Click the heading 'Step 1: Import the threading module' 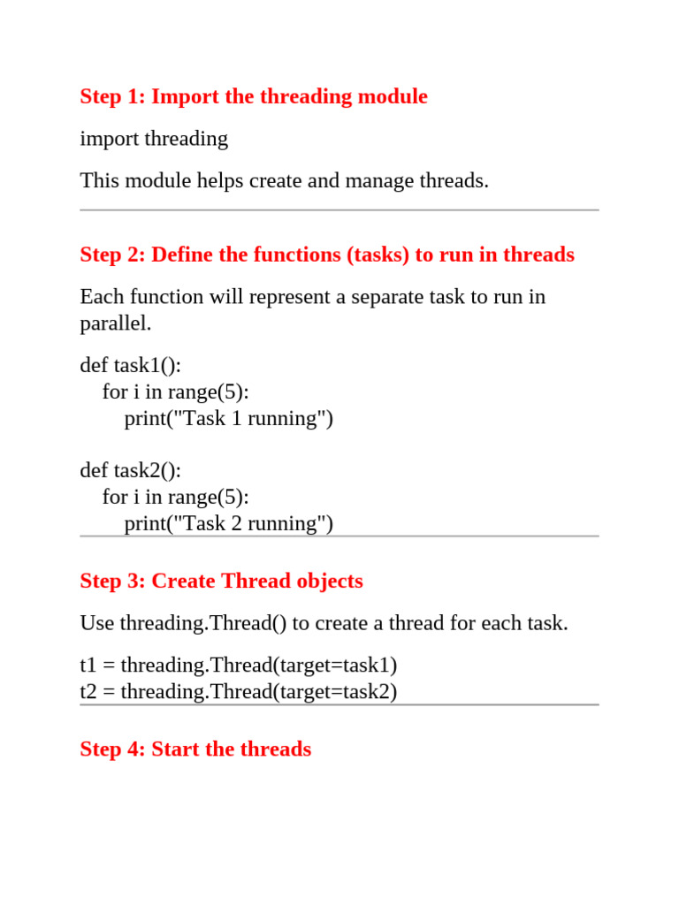(x=254, y=96)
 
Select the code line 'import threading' (x=154, y=139)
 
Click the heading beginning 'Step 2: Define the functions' (x=327, y=255)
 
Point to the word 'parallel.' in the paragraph (x=116, y=323)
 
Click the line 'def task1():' (x=130, y=365)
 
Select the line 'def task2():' (x=130, y=470)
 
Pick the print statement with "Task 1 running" (x=229, y=418)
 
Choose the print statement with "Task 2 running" (x=229, y=523)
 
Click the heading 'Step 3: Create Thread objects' (x=221, y=581)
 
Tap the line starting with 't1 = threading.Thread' (x=239, y=665)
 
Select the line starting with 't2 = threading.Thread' (x=239, y=691)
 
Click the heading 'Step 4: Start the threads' (x=195, y=749)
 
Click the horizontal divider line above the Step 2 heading (x=339, y=210)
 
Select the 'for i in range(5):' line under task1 (x=175, y=392)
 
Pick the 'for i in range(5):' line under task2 (x=175, y=497)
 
